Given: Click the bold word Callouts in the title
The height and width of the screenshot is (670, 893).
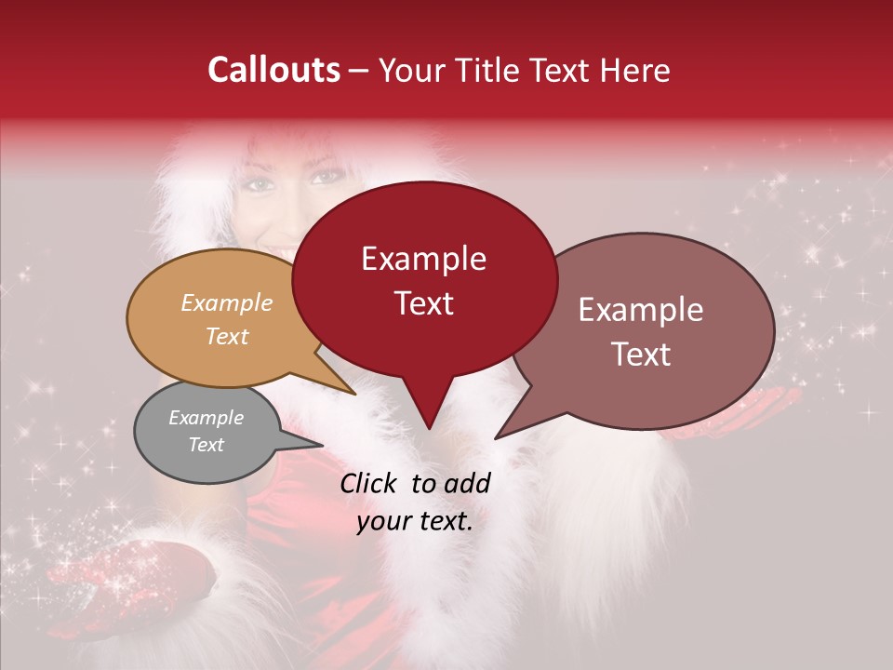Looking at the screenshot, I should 273,70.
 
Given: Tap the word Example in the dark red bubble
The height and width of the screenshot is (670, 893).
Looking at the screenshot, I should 423,259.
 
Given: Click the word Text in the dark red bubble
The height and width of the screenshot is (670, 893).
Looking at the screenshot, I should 423,303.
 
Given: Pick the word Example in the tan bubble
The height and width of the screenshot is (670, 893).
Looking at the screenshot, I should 227,302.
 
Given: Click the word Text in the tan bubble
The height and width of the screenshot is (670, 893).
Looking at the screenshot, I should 227,336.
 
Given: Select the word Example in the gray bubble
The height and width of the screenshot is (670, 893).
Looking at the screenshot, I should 206,418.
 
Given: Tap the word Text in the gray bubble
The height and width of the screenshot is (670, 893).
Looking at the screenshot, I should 206,445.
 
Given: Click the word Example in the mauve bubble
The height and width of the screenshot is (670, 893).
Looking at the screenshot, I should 641,309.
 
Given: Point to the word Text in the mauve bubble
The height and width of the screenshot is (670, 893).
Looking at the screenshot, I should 641,355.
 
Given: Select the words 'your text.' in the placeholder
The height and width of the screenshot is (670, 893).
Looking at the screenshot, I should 415,522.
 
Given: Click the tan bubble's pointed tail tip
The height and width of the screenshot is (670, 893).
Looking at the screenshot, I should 354,394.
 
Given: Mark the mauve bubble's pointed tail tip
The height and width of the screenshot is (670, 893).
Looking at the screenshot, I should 497,437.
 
